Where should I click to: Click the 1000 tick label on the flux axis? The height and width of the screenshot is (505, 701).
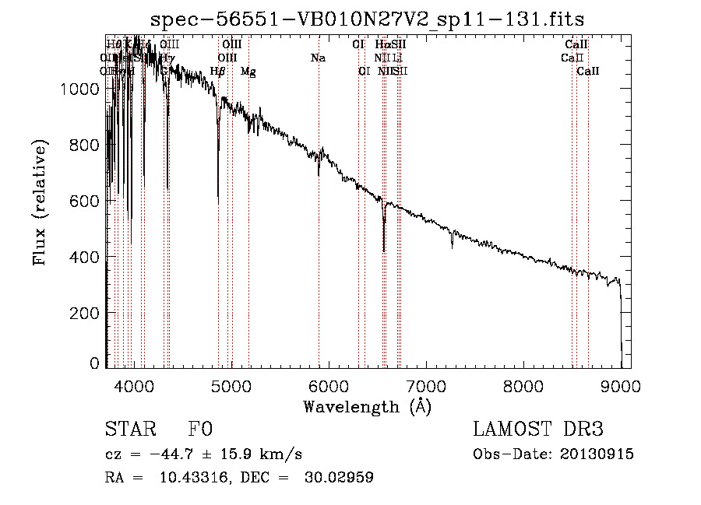click(x=80, y=89)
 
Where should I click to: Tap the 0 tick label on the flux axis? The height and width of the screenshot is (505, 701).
click(x=95, y=363)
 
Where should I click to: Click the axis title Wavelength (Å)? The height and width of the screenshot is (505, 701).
click(x=367, y=406)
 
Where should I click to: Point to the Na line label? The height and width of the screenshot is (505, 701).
click(x=318, y=58)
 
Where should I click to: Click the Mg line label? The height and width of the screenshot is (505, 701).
click(x=248, y=72)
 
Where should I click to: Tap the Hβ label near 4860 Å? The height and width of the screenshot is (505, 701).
click(x=218, y=72)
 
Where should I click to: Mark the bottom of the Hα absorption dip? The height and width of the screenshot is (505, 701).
click(x=384, y=251)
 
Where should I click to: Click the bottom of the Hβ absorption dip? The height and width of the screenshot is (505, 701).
click(x=218, y=204)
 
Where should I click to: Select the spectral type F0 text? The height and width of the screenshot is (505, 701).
click(x=200, y=430)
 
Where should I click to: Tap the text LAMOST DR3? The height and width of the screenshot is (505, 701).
click(x=538, y=430)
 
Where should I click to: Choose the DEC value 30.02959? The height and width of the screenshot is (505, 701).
click(x=339, y=478)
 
